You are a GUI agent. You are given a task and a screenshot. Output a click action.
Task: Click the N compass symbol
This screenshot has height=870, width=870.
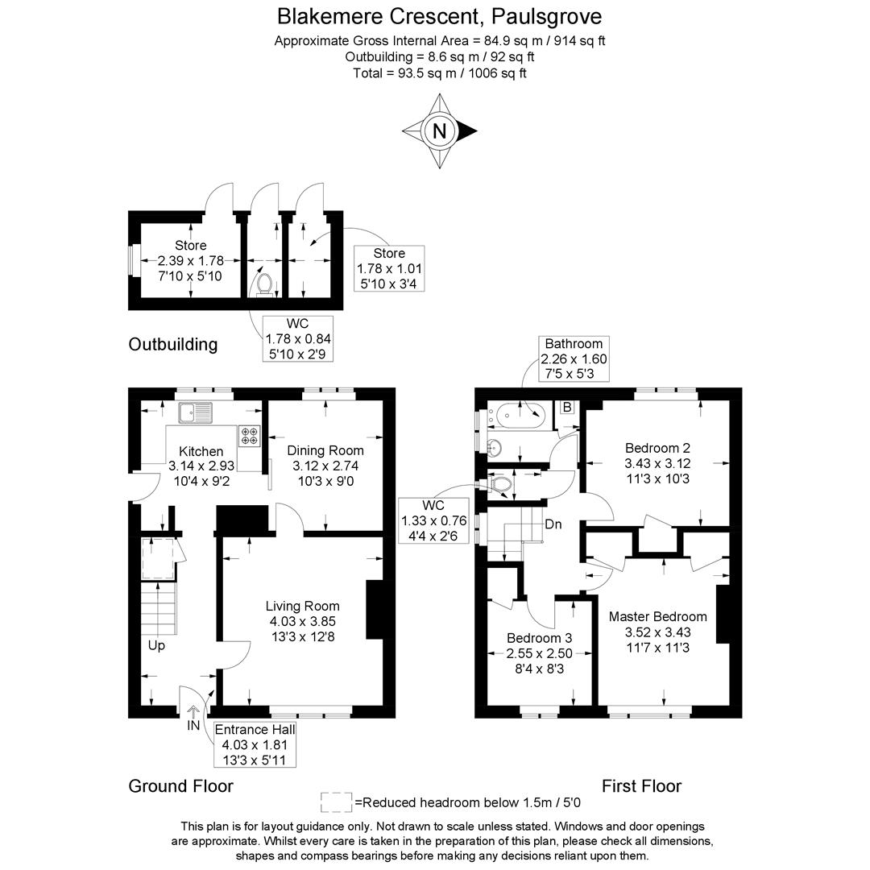440,130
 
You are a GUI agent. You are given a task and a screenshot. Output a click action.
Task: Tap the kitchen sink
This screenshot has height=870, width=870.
194,412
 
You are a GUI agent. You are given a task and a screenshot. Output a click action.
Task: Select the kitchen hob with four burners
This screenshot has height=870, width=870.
249,435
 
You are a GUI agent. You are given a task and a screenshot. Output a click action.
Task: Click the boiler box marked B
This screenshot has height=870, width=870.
567,408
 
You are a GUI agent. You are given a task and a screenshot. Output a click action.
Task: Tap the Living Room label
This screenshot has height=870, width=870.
302,607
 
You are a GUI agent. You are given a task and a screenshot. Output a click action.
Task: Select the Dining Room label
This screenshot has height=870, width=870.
325,451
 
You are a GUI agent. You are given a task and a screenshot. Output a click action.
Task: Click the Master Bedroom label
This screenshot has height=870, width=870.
657,617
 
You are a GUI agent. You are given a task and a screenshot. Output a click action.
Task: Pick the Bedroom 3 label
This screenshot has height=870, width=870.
539,638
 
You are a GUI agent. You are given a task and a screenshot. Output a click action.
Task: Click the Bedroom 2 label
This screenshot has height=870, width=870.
657,448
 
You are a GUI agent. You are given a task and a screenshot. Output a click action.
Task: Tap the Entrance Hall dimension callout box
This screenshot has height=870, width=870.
255,744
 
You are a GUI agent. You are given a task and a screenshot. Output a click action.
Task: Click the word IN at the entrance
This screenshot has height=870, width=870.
193,726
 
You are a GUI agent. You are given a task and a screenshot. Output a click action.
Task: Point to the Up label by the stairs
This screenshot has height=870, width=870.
156,646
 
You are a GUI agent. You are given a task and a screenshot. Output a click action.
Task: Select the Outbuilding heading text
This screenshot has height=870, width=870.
173,345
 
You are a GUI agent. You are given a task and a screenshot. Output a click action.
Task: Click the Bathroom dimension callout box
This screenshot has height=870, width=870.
574,359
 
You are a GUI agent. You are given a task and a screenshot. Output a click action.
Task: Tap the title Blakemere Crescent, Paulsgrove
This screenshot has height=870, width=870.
439,16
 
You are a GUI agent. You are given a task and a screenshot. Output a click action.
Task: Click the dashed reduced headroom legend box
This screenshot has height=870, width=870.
336,802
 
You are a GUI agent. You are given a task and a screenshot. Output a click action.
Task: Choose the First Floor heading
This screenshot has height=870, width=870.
641,786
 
